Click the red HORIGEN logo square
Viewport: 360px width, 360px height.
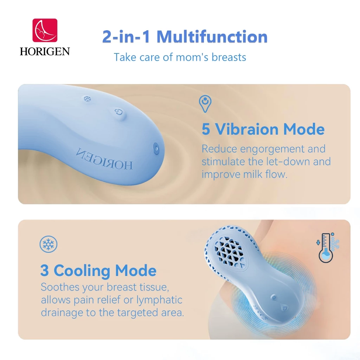(45, 30)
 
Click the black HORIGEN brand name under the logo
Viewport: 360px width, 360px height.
(45, 51)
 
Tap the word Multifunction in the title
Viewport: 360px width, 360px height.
(212, 37)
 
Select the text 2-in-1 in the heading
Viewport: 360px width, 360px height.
(126, 37)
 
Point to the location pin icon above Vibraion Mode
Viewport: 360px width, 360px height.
(205, 104)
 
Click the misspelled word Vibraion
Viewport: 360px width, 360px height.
(247, 129)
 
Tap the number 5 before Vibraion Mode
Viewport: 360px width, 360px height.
(206, 129)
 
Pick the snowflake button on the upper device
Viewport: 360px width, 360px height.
(87, 99)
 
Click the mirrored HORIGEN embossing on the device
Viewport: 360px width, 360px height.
(104, 159)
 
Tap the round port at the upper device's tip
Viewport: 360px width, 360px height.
(156, 149)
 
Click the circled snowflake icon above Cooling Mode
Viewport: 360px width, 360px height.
(49, 244)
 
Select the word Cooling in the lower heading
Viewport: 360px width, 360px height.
(82, 271)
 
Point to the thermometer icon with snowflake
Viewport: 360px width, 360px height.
(328, 247)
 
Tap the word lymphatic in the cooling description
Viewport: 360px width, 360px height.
(159, 300)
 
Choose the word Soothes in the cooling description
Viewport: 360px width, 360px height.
(60, 287)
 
